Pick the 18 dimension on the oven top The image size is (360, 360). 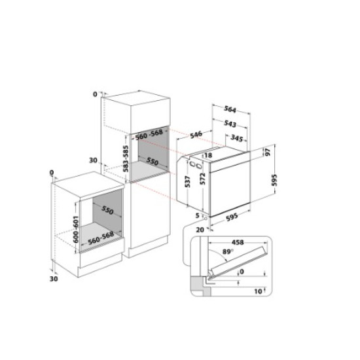pyautogui.click(x=208, y=155)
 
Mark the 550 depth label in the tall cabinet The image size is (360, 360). pyautogui.click(x=153, y=160)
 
